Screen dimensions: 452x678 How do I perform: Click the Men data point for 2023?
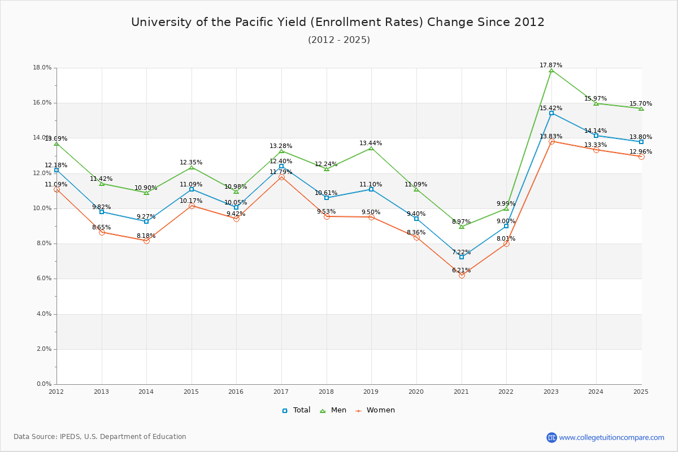pos(551,70)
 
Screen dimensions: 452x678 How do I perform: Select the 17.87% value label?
pos(551,66)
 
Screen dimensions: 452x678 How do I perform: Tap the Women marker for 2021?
pos(462,275)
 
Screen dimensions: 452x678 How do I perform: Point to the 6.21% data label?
pos(462,270)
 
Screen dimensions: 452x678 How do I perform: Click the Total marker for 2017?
pos(281,166)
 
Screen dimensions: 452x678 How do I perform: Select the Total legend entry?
pos(297,410)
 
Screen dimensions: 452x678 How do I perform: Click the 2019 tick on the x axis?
pos(371,391)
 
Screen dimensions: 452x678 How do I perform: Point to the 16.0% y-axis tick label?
pos(42,103)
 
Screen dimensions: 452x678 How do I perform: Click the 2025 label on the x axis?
pos(641,391)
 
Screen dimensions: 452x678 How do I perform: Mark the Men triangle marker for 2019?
pos(371,148)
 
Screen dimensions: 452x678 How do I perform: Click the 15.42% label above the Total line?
pos(551,108)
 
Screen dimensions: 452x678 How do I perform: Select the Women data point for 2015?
pos(192,206)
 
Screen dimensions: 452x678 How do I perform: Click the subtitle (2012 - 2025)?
pos(339,40)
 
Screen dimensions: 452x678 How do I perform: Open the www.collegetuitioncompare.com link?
pos(611,437)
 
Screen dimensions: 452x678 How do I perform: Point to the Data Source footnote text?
pos(100,437)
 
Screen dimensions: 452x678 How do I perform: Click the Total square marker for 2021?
pos(462,257)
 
